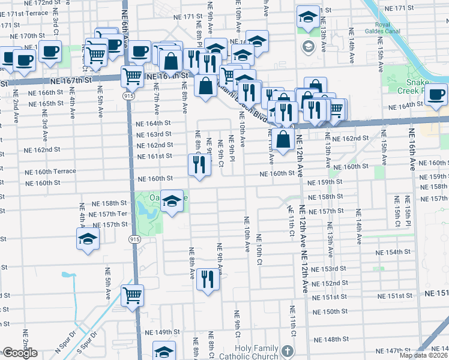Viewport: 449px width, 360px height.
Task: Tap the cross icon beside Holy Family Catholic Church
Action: [x=288, y=351]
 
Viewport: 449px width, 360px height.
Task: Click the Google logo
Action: [x=20, y=353]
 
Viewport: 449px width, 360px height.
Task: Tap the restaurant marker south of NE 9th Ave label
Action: [x=208, y=280]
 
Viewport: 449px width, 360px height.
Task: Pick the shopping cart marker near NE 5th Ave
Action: [x=132, y=295]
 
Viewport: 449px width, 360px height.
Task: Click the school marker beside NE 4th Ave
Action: [x=88, y=239]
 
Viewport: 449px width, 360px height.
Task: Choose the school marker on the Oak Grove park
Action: [x=172, y=202]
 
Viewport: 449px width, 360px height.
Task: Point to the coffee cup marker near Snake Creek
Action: [x=436, y=95]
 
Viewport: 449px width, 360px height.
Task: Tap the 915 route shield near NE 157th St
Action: [x=132, y=239]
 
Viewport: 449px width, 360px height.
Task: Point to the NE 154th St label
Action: [x=396, y=253]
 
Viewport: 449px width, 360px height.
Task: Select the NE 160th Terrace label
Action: [x=51, y=171]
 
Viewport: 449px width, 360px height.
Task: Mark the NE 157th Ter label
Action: [x=109, y=214]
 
